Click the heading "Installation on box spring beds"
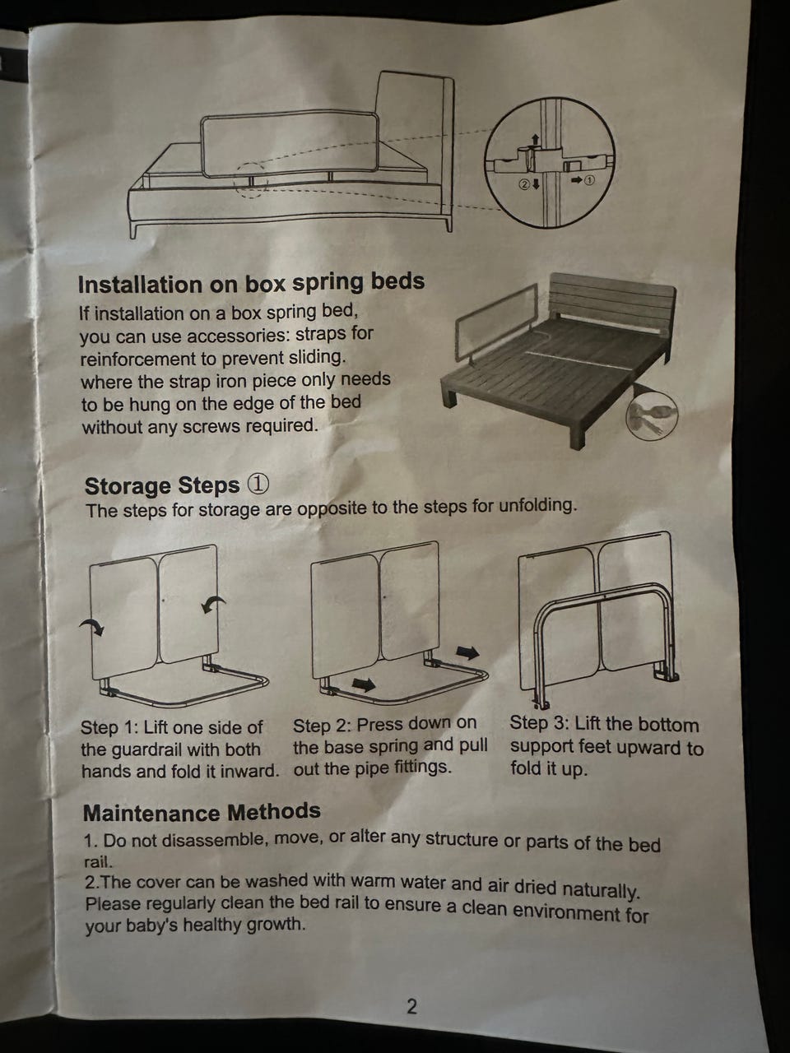pyautogui.click(x=251, y=283)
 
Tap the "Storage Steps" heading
pyautogui.click(x=161, y=485)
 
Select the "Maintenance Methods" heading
pyautogui.click(x=202, y=812)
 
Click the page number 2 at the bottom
pyautogui.click(x=411, y=1005)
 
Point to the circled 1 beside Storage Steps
pyautogui.click(x=258, y=485)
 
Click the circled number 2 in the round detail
pyautogui.click(x=524, y=183)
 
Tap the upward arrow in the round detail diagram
pyautogui.click(x=536, y=140)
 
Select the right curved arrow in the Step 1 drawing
pyautogui.click(x=213, y=605)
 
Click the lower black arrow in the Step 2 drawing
pyautogui.click(x=364, y=684)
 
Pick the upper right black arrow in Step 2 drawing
pyautogui.click(x=467, y=652)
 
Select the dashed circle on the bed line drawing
pyautogui.click(x=249, y=180)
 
